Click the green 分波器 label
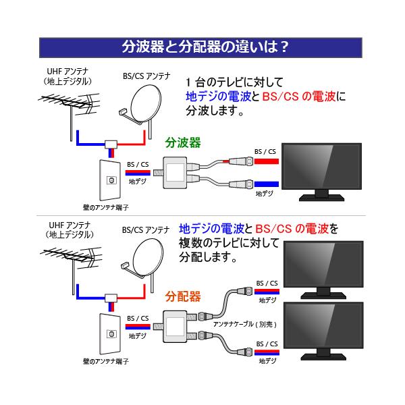(183, 143)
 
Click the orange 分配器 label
(183, 296)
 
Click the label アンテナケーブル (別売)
(246, 324)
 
